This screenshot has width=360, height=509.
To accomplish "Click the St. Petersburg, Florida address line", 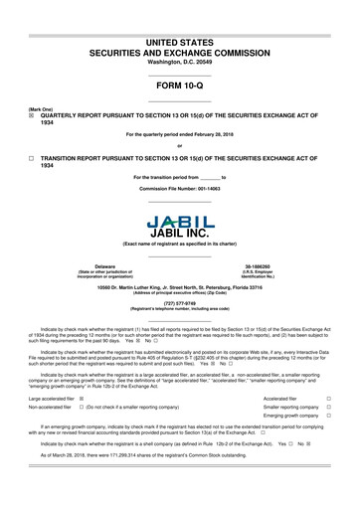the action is pos(180,287).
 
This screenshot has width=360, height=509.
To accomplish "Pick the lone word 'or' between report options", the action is pos(180,146).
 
